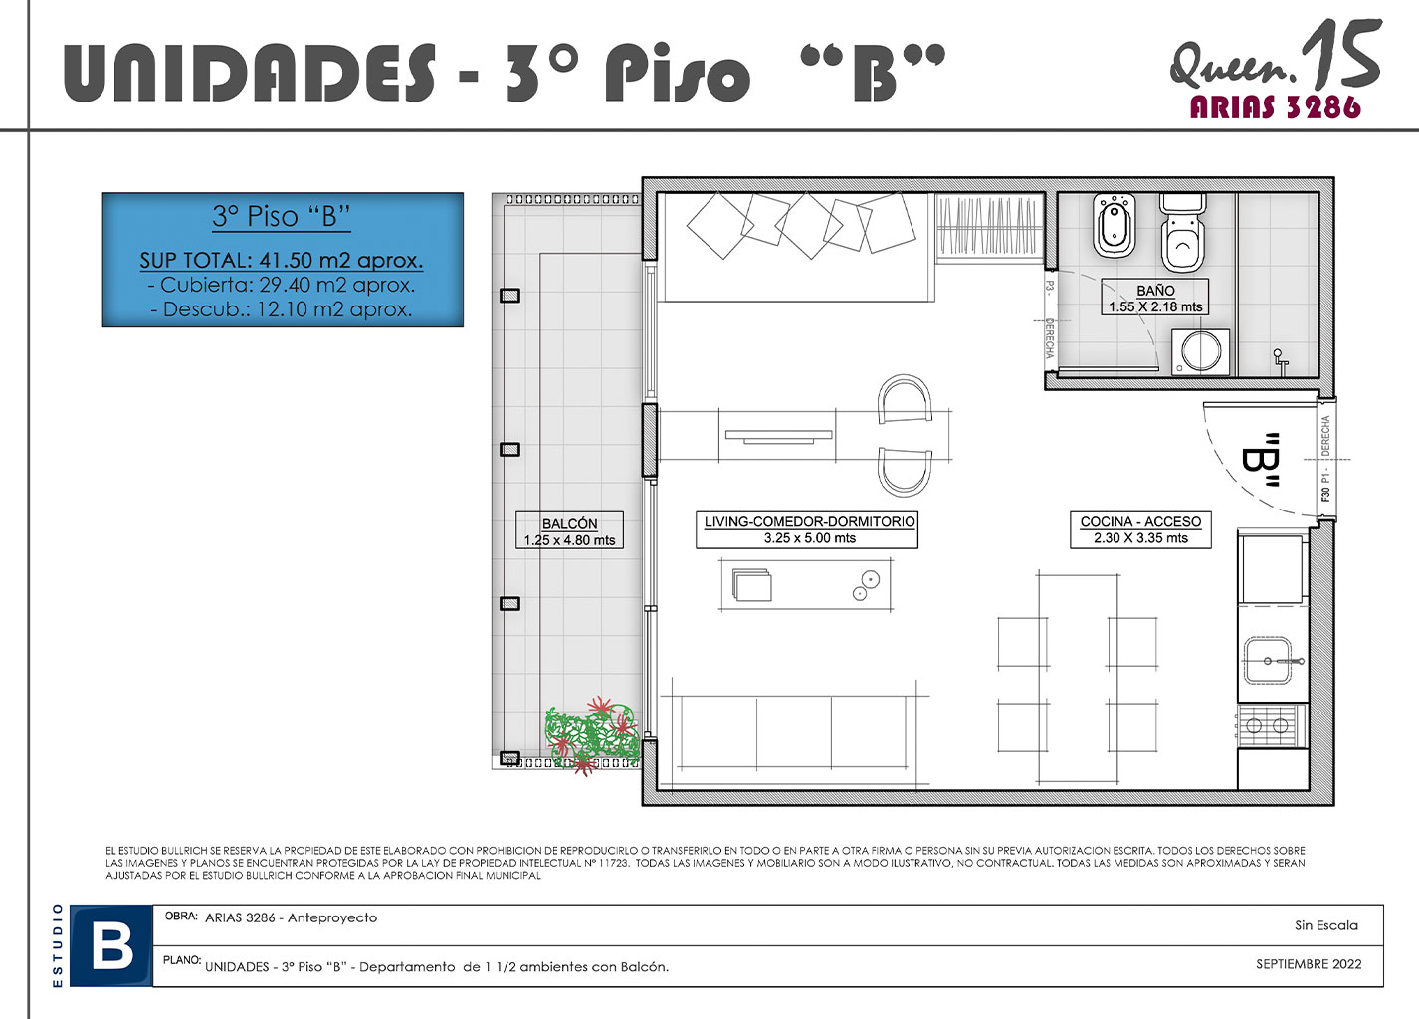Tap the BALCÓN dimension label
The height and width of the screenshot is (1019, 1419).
tap(569, 530)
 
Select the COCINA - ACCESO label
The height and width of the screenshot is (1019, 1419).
tap(1140, 530)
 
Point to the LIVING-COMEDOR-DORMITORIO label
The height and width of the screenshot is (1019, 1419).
tap(809, 530)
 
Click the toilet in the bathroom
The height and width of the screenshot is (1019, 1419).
tap(1181, 233)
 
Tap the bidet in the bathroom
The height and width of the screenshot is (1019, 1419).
tap(1115, 226)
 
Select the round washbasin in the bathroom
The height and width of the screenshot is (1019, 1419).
tap(1200, 351)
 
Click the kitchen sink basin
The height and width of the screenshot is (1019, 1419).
tap(1268, 661)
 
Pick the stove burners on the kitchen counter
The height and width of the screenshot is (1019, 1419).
tap(1270, 725)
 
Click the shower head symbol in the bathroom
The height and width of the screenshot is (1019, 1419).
tap(1280, 361)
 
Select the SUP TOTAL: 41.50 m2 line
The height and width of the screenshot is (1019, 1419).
tap(282, 261)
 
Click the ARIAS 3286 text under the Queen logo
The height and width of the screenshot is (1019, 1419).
tap(1275, 107)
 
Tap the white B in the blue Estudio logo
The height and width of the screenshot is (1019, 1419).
tap(112, 946)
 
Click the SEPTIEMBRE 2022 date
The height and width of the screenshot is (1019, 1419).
tap(1309, 964)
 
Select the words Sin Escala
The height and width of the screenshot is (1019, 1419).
tap(1325, 925)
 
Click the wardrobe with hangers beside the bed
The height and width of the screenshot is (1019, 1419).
tap(989, 227)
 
